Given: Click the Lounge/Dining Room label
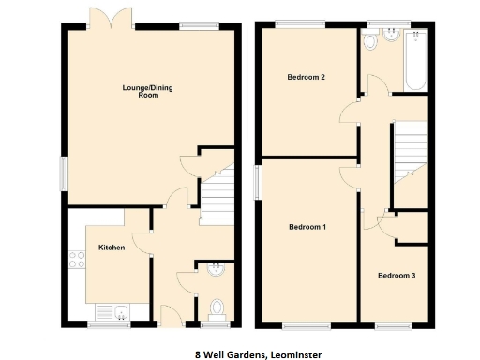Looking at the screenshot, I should [x=148, y=91].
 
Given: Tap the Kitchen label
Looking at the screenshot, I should [x=112, y=248].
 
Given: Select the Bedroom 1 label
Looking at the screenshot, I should [x=307, y=227].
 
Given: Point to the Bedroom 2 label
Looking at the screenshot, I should [x=306, y=77].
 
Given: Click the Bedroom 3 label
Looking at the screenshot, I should [x=396, y=276].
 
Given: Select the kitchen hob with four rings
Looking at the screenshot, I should [x=74, y=262].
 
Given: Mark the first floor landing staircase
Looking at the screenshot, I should [x=409, y=150].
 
